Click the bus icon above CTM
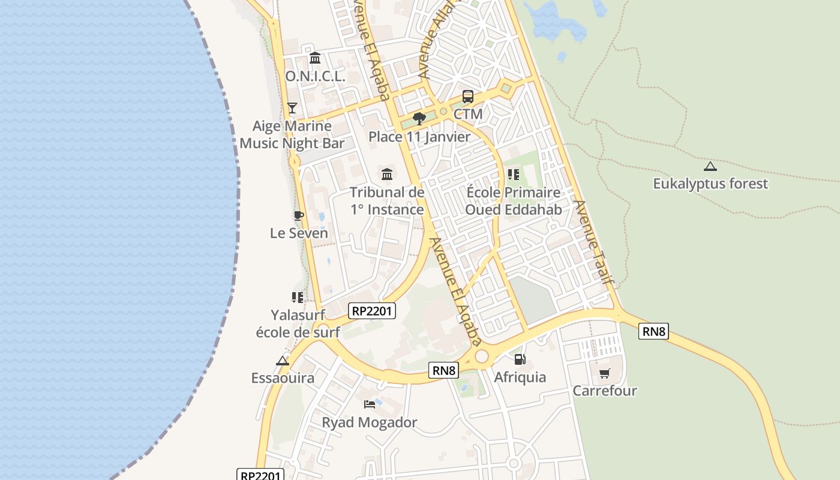tap(467, 97)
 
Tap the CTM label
tap(468, 114)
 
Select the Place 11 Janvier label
tap(419, 137)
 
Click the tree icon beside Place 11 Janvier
tap(419, 118)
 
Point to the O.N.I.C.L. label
tap(315, 76)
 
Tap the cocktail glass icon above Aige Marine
tap(292, 108)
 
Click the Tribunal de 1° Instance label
tap(387, 201)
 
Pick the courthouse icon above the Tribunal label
tap(387, 175)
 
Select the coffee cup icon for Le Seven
tap(298, 215)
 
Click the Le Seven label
tap(299, 233)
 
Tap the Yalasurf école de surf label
tap(298, 323)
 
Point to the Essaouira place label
tap(283, 378)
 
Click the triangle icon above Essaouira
tap(283, 361)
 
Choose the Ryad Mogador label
tap(370, 422)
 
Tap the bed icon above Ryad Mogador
tap(370, 404)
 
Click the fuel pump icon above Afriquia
tap(520, 359)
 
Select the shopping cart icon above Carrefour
tap(604, 373)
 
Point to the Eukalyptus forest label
tap(710, 184)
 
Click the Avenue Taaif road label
tap(594, 242)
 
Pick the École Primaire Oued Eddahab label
tap(514, 201)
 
